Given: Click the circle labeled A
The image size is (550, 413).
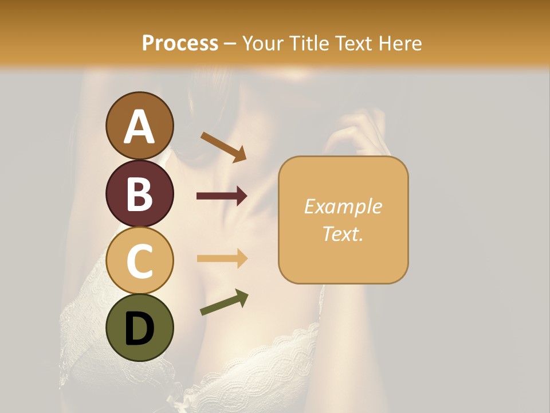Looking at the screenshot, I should (x=139, y=126).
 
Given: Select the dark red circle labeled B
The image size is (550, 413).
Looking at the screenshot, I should (x=139, y=193).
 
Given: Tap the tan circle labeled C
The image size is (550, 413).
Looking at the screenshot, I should (x=139, y=260).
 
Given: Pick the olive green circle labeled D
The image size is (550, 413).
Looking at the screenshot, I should (x=139, y=328).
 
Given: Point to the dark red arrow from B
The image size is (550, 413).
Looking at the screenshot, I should (x=222, y=196).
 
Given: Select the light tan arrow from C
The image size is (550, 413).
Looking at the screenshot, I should (x=222, y=259).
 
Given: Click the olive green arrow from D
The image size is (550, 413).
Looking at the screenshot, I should (x=224, y=302).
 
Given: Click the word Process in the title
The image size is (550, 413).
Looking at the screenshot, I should (x=180, y=44).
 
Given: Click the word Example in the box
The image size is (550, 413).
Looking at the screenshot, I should (x=343, y=206).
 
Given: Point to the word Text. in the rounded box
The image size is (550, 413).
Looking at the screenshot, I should (x=343, y=233).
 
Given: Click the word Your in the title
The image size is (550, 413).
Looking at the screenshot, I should (x=261, y=44).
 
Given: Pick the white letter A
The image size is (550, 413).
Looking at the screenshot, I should (x=139, y=127).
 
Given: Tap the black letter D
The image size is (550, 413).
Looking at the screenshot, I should (x=139, y=329).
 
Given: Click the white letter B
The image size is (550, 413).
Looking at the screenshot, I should (x=139, y=194).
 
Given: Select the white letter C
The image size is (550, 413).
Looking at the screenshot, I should (x=139, y=261).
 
